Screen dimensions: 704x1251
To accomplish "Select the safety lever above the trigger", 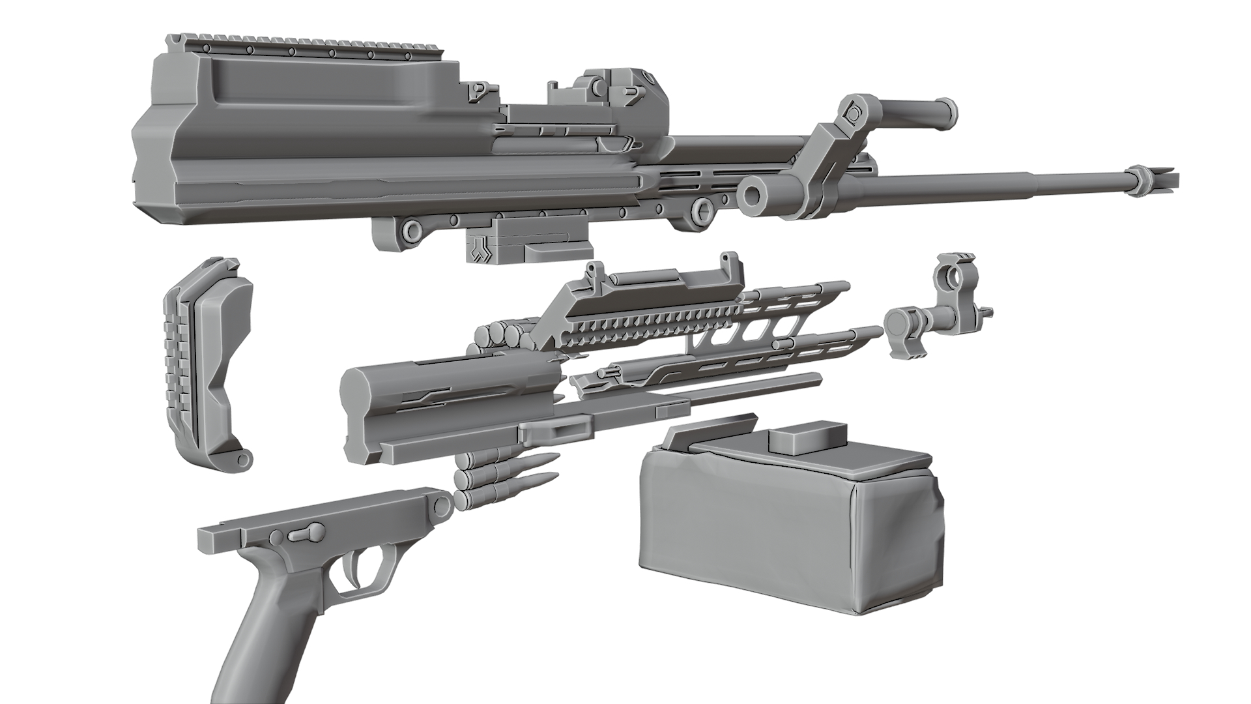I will tap(306, 533).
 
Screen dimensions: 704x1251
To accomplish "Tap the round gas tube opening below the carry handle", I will tap(756, 194).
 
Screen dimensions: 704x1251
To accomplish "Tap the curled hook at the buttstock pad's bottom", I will tap(242, 460).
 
